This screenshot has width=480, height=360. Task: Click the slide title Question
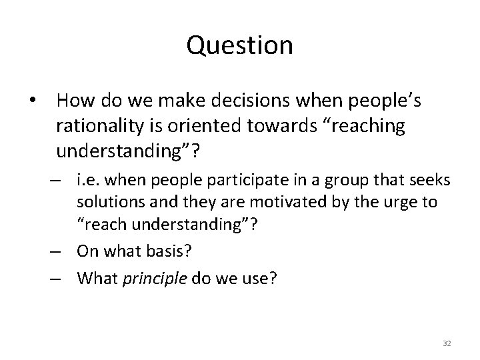pyautogui.click(x=239, y=45)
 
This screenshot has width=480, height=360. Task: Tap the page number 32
pyautogui.click(x=447, y=343)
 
